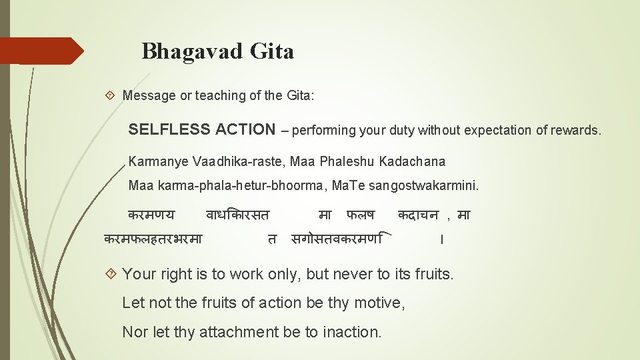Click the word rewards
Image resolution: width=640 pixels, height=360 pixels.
(576, 130)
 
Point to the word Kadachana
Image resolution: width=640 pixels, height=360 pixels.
(412, 161)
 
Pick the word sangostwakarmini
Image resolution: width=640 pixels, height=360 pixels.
(431, 185)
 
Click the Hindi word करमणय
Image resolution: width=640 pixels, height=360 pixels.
(151, 215)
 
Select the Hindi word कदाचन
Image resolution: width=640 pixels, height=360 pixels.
(418, 215)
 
